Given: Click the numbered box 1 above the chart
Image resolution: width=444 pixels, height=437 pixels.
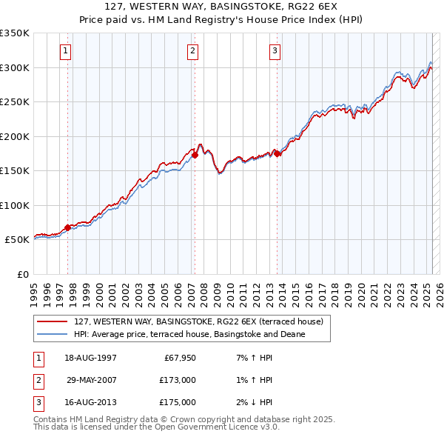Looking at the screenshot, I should [66, 51].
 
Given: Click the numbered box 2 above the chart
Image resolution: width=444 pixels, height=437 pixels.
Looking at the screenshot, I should [192, 51].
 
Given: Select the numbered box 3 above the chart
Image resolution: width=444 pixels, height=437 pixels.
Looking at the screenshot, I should [275, 51].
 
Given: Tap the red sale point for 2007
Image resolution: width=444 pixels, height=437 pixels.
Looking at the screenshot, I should [195, 156].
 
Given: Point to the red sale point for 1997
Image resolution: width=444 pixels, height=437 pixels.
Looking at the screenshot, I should [67, 227].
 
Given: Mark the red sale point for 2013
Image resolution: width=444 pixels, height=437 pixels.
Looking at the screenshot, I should [277, 154].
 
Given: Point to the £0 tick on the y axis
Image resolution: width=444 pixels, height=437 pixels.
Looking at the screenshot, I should [22, 274].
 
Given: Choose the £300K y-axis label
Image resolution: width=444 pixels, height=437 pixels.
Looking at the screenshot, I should [15, 67].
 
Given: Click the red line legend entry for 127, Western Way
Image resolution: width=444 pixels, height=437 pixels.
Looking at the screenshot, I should [198, 321].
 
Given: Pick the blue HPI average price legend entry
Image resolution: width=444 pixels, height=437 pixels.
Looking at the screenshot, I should [189, 335].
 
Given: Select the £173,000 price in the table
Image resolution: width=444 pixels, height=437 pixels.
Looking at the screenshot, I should [178, 381].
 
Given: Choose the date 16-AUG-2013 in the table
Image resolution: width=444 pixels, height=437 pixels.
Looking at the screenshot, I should [90, 402].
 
